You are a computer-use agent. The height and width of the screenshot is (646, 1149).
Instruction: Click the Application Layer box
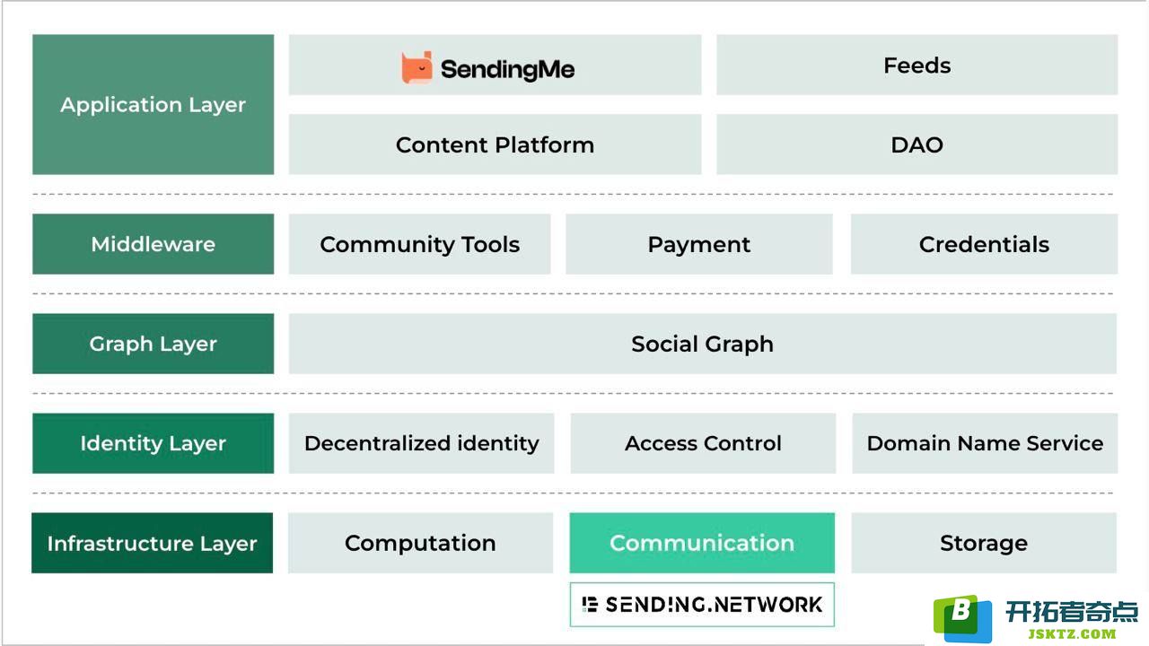(x=153, y=105)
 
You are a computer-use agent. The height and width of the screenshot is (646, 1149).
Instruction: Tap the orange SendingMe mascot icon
(x=417, y=67)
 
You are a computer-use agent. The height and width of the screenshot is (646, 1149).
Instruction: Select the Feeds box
(x=917, y=65)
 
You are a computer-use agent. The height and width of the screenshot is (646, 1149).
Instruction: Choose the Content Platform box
(x=495, y=144)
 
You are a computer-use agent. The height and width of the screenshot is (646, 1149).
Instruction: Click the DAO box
(x=917, y=144)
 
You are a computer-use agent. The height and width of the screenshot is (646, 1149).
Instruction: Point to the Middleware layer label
(x=153, y=244)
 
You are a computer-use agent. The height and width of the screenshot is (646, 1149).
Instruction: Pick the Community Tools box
(x=419, y=244)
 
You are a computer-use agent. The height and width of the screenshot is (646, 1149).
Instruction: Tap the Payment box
(x=698, y=244)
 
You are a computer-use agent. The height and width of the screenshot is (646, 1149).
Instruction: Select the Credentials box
(x=984, y=244)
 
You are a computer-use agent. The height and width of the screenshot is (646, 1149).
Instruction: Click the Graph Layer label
(x=153, y=344)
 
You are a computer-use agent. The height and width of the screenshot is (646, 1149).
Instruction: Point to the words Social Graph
(x=702, y=344)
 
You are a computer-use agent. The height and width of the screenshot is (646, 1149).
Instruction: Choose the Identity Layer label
(x=153, y=443)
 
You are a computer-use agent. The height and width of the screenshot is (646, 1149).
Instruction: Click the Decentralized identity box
(x=421, y=443)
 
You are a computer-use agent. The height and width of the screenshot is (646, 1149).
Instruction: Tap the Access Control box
(x=703, y=443)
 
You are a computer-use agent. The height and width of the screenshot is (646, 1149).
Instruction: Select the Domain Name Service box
(x=985, y=443)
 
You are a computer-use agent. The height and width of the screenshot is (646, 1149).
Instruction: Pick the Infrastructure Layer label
(x=152, y=543)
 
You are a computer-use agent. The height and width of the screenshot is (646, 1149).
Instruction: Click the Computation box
(x=420, y=543)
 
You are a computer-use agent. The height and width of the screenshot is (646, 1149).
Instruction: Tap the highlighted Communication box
(x=702, y=543)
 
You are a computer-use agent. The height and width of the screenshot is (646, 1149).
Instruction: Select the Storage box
(x=984, y=543)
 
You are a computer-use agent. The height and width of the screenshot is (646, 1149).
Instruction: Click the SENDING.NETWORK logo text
(x=714, y=605)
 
